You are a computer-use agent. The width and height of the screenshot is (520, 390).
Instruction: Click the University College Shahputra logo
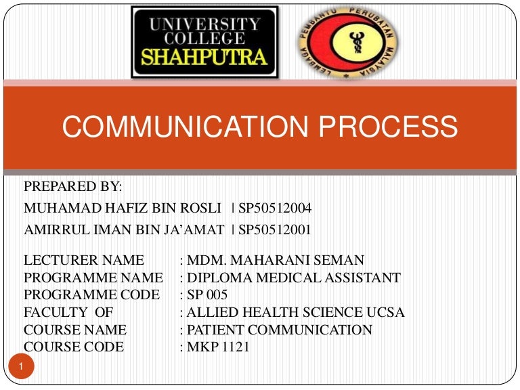(204, 42)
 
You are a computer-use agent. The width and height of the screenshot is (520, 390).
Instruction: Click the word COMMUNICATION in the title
(178, 126)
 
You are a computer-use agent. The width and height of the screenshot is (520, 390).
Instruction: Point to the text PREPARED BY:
(73, 187)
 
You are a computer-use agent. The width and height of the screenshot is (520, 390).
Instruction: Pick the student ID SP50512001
(274, 230)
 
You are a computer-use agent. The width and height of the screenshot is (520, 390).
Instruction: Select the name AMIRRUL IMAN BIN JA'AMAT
(124, 230)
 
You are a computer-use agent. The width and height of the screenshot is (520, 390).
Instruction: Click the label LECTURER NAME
(84, 260)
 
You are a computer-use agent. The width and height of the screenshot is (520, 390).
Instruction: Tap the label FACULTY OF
(68, 313)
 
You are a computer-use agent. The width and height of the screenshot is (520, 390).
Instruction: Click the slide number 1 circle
(22, 367)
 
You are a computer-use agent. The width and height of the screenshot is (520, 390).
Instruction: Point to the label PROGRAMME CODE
(91, 295)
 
